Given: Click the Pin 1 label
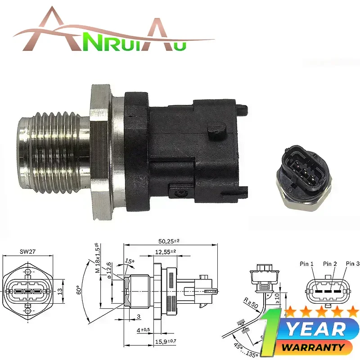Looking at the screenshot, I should (x=307, y=264).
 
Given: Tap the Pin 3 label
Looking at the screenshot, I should (x=352, y=264).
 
